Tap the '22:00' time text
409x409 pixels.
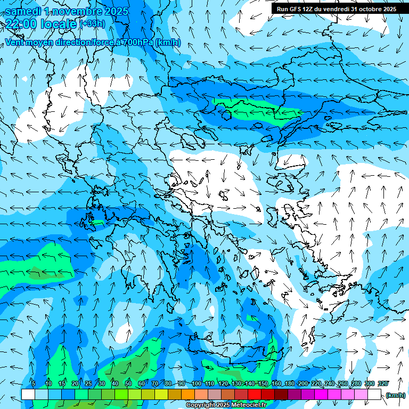coord(21,23)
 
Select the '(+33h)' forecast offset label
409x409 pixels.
coord(92,23)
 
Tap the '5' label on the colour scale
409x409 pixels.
coord(34,383)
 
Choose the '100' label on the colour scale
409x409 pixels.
coord(196,383)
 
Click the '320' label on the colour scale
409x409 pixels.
coord(382,383)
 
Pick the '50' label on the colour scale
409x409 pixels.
coord(128,383)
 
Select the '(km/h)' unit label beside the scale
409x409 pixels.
coord(395,395)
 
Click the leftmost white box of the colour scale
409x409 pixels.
coord(28,395)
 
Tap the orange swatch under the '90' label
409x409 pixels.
coord(188,395)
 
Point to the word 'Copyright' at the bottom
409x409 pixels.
coord(201,405)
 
